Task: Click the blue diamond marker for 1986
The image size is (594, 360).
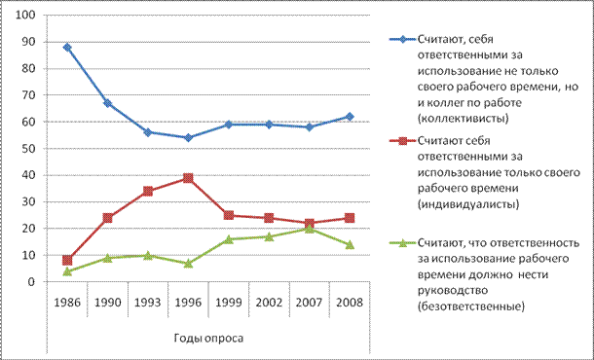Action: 67,48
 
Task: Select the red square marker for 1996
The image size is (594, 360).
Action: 188,178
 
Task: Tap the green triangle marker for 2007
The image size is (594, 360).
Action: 310,229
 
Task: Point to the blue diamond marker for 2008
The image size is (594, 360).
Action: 350,117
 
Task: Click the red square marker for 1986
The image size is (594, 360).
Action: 67,260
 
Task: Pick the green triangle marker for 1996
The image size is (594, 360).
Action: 188,263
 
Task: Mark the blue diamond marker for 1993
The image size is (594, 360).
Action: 148,132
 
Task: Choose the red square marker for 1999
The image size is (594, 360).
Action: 229,215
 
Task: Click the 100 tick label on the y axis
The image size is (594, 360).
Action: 25,16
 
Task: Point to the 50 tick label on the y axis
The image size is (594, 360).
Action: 28,149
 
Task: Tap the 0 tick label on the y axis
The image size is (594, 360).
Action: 32,282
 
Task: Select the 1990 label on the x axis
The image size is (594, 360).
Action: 107,303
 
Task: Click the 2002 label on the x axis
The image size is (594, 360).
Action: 269,303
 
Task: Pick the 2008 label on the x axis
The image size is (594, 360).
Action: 350,303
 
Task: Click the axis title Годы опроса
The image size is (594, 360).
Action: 208,338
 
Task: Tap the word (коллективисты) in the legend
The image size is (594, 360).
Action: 463,119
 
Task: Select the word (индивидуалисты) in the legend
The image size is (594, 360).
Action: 468,204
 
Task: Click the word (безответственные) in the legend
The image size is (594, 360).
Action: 471,306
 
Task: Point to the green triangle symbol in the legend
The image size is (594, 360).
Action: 403,242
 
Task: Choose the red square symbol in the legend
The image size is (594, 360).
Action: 403,141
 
